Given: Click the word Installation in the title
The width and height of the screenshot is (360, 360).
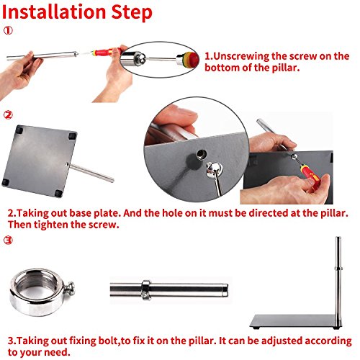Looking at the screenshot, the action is coord(54,12).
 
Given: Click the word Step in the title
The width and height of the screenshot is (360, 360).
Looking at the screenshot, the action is coord(132,13).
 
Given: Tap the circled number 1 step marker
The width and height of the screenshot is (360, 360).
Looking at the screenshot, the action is coord(8,30).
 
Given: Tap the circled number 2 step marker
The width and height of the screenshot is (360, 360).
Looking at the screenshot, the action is coord(8,115).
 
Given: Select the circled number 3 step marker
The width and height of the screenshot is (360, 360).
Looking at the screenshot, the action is coord(8,240).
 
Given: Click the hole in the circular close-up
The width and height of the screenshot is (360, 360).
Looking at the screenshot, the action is coord(202,153).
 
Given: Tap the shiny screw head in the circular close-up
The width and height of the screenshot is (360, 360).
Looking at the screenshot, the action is coord(214,170).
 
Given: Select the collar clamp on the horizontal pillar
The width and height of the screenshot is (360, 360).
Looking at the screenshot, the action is coord(145,289).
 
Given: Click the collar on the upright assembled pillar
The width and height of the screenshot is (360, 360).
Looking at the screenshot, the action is coord(338,268).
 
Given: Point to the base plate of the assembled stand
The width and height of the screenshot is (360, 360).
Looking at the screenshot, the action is coord(296,321).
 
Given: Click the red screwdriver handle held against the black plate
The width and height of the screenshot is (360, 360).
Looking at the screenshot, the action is coord(310,175).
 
